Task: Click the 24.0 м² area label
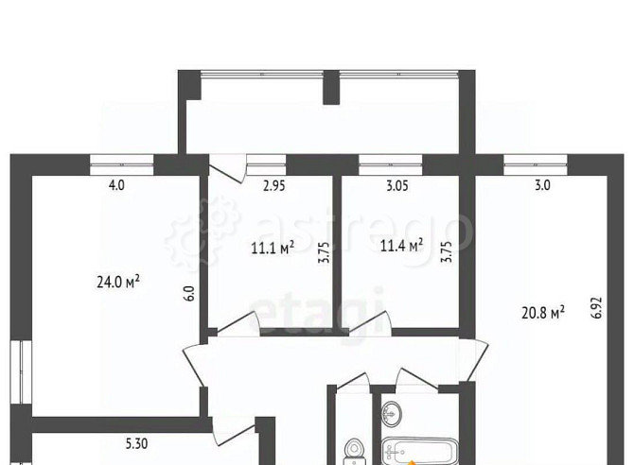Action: pos(118,282)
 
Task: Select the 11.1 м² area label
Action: pos(273,248)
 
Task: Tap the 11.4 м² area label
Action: pos(402,245)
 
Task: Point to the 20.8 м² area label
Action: pos(543,313)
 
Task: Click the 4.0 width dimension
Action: pos(116,185)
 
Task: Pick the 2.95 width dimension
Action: pos(274,185)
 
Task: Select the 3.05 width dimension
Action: pos(397,185)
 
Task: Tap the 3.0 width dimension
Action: pos(542,185)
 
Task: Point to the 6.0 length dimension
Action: pos(191,293)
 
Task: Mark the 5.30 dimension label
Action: pos(136,443)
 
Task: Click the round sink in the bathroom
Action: pos(392,413)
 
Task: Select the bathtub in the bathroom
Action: pos(420,451)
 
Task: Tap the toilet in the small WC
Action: pos(354,451)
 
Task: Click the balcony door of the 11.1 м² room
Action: pos(227,168)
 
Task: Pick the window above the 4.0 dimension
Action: pos(122,164)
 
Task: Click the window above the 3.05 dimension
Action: pos(391,164)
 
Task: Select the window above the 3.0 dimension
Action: pos(536,164)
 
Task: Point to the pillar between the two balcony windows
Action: pos(331,87)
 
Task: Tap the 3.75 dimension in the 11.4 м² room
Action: pos(448,252)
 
